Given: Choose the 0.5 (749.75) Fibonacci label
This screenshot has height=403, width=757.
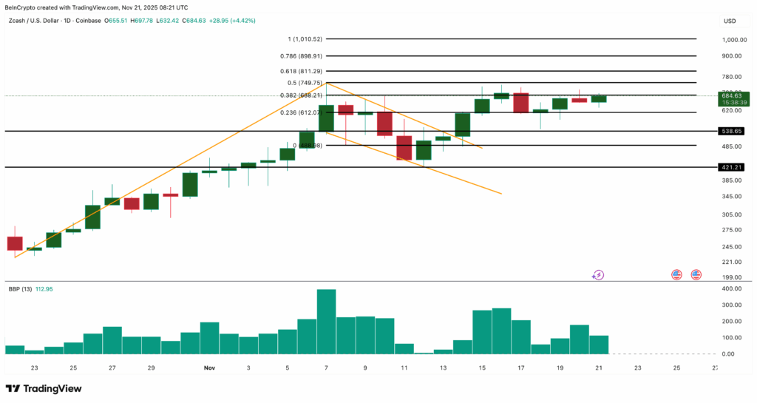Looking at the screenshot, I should pos(305,83).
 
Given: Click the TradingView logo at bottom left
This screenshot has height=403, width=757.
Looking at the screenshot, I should pos(44,388).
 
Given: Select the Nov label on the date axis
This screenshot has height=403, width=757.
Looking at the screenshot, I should pos(209,368).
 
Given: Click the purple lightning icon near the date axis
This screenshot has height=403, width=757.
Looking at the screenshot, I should pos(598,275).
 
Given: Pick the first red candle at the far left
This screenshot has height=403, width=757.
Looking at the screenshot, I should pos(15,243).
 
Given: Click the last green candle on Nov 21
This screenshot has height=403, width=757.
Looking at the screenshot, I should pos(598,98).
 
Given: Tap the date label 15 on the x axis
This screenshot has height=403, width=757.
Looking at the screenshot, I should pos(483,368).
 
